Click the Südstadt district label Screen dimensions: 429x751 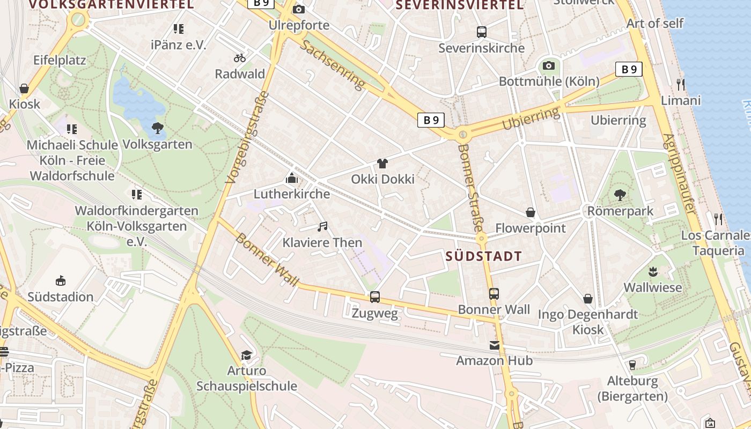click(484, 256)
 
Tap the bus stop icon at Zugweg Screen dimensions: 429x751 click(375, 297)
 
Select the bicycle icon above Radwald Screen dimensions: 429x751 click(240, 58)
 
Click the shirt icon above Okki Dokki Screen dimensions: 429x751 click(382, 163)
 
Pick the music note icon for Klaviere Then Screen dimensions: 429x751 click(322, 227)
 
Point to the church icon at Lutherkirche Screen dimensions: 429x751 click(292, 178)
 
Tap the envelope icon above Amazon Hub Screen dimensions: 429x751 click(495, 345)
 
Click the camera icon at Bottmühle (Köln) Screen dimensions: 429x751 click(549, 66)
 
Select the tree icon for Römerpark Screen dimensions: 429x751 click(620, 195)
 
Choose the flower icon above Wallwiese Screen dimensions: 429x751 click(653, 271)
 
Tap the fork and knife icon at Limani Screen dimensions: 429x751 click(681, 84)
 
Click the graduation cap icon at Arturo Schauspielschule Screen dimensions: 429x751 click(246, 355)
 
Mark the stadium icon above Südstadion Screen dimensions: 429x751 click(61, 281)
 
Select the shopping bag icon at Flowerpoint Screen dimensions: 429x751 click(531, 213)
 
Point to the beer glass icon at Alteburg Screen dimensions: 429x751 click(632, 365)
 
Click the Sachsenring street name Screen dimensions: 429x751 click(333, 64)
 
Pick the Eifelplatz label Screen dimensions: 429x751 click(60, 60)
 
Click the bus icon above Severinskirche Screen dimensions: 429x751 click(482, 32)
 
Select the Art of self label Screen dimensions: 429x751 click(655, 24)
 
